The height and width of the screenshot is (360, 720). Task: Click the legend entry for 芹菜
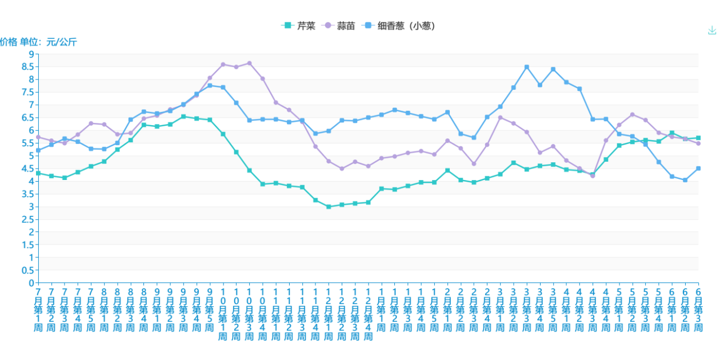[x=299, y=26]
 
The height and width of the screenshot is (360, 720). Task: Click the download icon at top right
[x=712, y=30]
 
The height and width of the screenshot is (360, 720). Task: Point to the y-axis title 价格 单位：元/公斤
[x=38, y=42]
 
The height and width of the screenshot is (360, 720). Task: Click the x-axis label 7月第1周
[x=38, y=311]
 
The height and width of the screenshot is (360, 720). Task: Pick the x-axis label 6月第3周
[x=698, y=311]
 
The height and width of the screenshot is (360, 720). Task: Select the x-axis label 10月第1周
[x=223, y=314]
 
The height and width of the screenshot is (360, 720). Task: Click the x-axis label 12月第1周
[x=329, y=314]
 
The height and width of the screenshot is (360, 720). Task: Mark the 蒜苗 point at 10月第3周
[x=249, y=63]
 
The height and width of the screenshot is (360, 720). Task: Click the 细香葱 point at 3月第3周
[x=527, y=67]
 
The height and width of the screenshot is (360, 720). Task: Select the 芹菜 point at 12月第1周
[x=329, y=207]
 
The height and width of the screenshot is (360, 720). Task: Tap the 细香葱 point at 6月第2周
[x=685, y=180]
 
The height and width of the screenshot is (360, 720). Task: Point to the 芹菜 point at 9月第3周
[x=183, y=117]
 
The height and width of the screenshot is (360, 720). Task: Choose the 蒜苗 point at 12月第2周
[x=342, y=169]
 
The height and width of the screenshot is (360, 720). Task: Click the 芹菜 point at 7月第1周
[x=38, y=173]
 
